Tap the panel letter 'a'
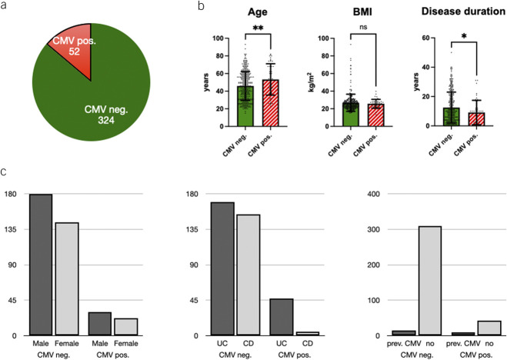[8, 8]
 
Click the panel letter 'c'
[7, 170]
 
